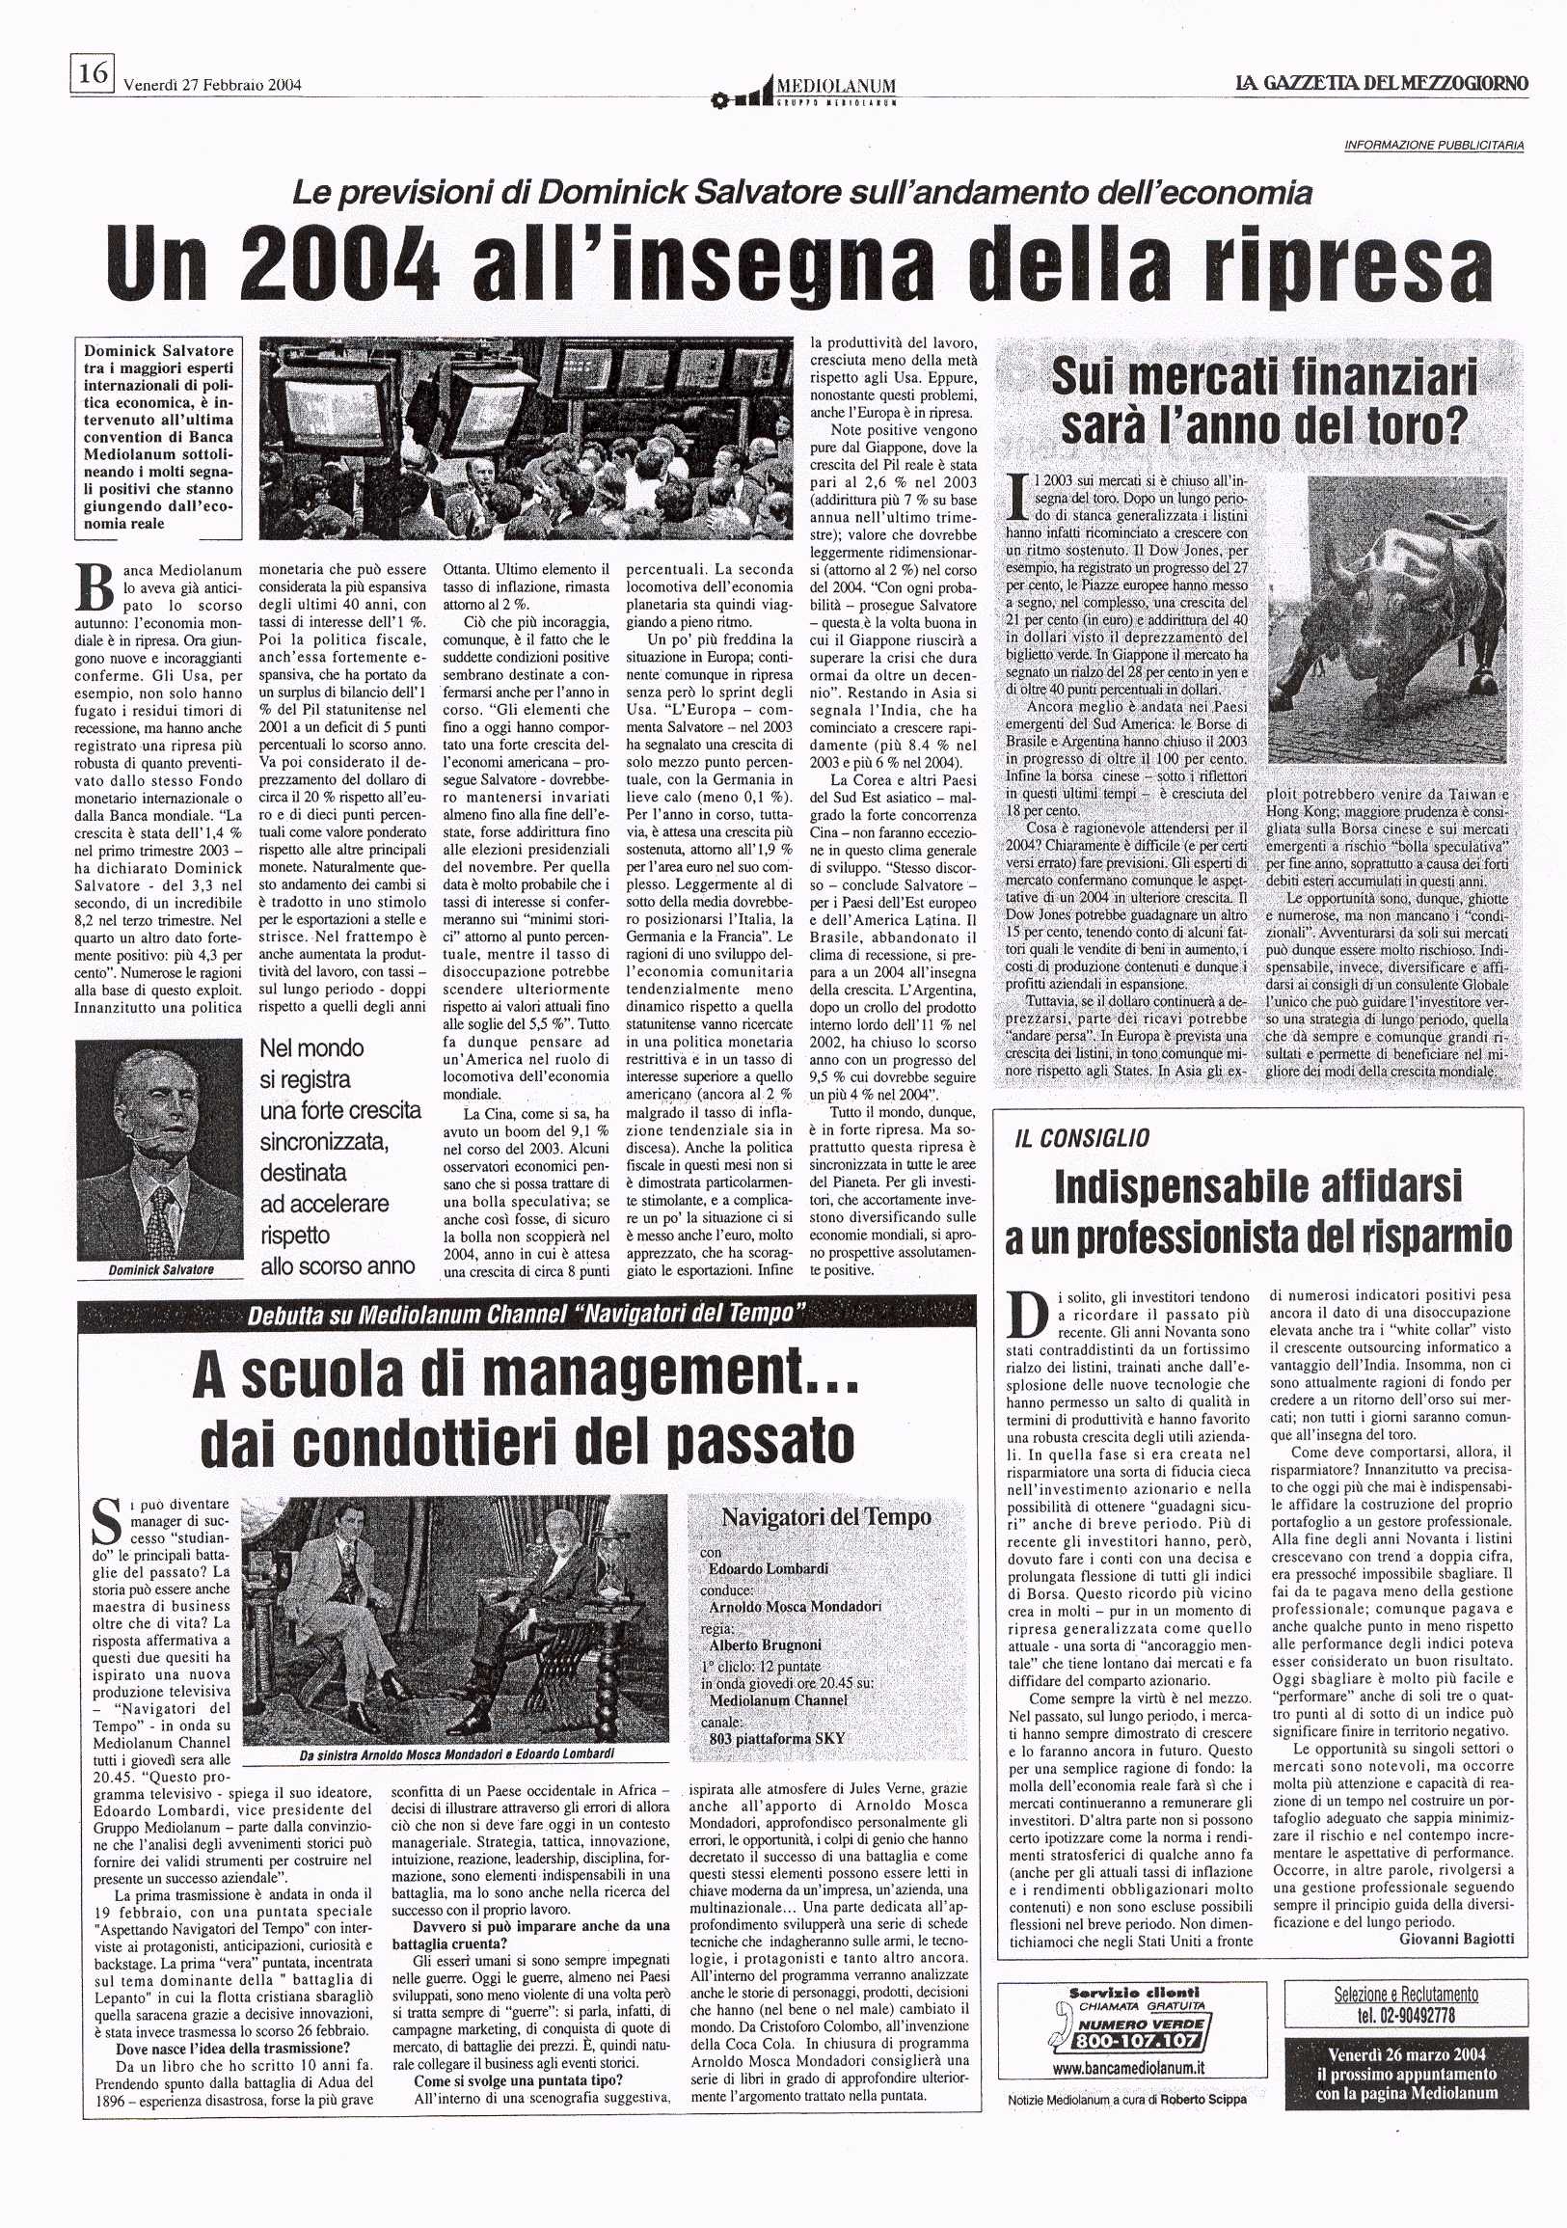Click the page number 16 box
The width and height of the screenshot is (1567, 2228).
[93, 73]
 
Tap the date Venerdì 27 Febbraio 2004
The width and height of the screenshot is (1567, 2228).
[212, 85]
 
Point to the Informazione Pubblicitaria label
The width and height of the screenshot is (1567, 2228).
[1433, 146]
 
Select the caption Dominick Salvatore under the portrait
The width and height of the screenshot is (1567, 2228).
[161, 1269]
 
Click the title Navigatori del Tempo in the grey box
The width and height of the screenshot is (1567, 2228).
[825, 1517]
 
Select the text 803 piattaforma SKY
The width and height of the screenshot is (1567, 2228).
[776, 1738]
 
